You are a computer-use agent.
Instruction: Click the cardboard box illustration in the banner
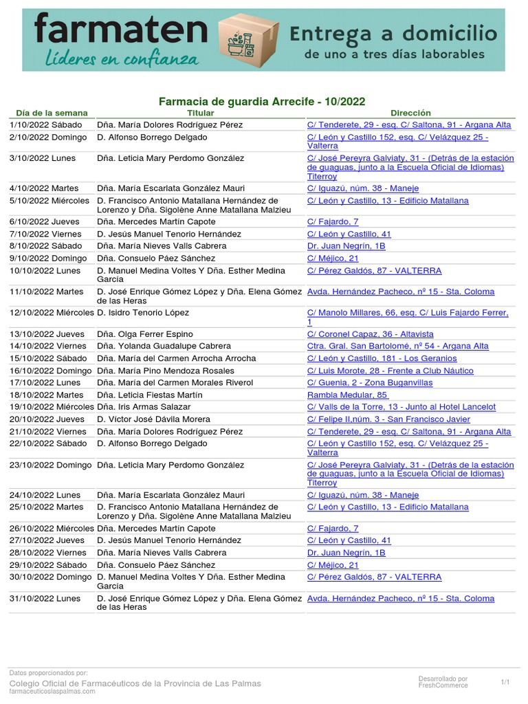click(248, 40)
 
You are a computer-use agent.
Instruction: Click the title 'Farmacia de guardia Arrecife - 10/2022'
click(262, 102)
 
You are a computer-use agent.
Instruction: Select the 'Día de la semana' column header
click(52, 113)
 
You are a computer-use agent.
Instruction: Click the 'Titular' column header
click(201, 113)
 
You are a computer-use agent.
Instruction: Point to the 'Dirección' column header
click(410, 113)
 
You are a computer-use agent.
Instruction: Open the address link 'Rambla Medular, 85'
click(347, 395)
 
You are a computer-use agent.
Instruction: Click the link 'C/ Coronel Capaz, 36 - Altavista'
click(370, 334)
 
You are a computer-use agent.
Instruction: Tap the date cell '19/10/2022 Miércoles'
click(52, 407)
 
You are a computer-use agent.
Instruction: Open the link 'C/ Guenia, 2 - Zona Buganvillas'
click(370, 383)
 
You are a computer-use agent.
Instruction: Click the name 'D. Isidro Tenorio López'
click(143, 313)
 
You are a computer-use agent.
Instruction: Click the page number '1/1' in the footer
click(505, 682)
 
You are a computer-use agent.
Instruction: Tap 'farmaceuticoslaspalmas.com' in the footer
click(52, 692)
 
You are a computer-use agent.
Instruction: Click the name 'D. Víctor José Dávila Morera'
click(154, 419)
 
